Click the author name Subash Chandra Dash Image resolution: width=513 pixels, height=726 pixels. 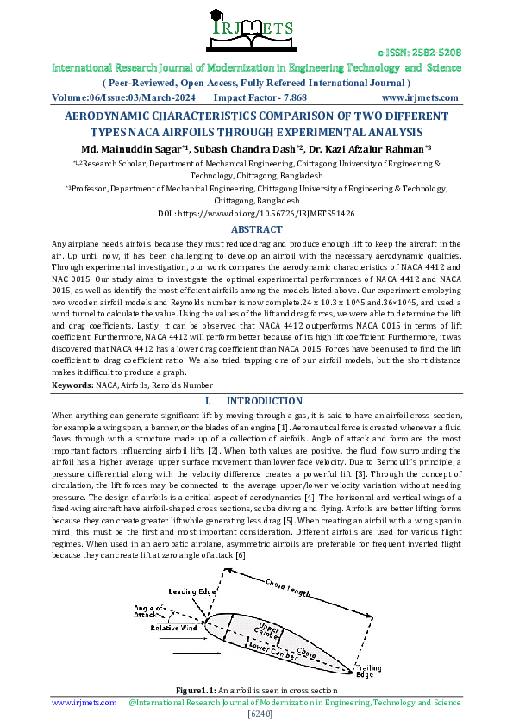pyautogui.click(x=247, y=149)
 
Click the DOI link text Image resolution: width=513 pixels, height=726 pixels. pyautogui.click(x=256, y=212)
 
